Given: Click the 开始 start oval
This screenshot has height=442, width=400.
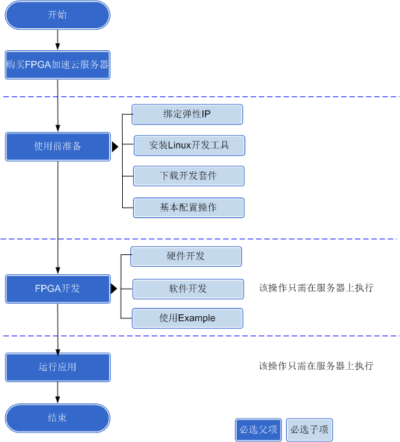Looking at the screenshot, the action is point(58,15).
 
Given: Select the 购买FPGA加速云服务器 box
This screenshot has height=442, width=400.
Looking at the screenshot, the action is point(58,65).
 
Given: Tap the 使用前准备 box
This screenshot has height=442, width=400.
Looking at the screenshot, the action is point(58,146).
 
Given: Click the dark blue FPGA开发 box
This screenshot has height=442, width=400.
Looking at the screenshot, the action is point(58,289).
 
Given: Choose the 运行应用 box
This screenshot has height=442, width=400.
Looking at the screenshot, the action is point(58,367).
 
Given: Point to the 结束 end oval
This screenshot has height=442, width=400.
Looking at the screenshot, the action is point(58,418).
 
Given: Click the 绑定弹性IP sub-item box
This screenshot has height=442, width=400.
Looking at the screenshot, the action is point(187,114).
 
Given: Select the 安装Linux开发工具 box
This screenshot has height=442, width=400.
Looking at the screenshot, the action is point(189,146).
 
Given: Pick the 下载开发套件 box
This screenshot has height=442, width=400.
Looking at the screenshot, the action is point(189,176).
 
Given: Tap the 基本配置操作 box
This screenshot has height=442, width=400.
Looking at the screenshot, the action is point(189,208).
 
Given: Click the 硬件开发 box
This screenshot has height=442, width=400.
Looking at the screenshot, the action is point(186,256).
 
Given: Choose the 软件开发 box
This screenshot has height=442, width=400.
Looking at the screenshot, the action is point(188,289).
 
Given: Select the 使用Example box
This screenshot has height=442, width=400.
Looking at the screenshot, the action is point(187,318).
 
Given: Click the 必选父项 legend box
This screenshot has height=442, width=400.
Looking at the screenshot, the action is point(259,430).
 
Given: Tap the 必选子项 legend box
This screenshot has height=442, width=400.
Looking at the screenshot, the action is point(309,430).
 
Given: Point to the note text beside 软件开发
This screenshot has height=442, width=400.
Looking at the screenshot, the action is point(316,288).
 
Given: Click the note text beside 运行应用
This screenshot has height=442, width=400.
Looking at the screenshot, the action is point(316,366).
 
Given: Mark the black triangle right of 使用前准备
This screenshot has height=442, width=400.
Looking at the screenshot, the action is point(115,146).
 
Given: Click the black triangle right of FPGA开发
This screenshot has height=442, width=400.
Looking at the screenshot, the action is point(114,289).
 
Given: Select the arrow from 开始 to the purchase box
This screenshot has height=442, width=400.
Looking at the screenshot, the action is point(58,40).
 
